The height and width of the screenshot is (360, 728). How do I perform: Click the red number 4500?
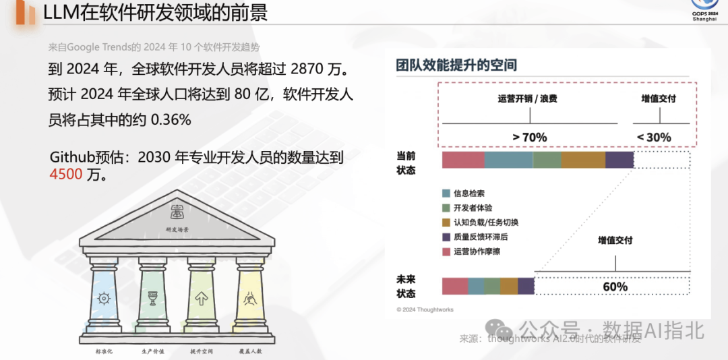(x=66, y=175)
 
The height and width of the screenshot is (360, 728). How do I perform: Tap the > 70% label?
(x=529, y=138)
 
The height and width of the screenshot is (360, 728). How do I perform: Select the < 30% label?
(x=654, y=138)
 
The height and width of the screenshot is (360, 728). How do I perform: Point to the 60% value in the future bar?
(x=615, y=287)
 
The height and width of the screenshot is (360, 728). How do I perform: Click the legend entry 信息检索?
(x=468, y=193)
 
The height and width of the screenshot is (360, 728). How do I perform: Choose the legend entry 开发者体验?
(x=473, y=208)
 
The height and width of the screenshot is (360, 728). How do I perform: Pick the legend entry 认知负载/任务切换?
(x=485, y=222)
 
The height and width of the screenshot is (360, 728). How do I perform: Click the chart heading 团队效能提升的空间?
(x=456, y=66)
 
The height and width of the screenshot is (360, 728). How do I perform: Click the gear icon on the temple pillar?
(x=104, y=298)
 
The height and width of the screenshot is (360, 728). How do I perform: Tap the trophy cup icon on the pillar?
(x=152, y=298)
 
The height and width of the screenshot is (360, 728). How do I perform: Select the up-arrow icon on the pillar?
(x=201, y=298)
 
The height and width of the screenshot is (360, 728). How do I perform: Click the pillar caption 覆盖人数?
(x=250, y=351)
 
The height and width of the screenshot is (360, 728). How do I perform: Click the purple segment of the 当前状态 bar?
(x=619, y=160)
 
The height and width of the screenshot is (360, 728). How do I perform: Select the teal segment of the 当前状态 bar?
(x=508, y=160)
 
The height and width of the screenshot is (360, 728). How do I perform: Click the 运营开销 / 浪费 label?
(x=528, y=99)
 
